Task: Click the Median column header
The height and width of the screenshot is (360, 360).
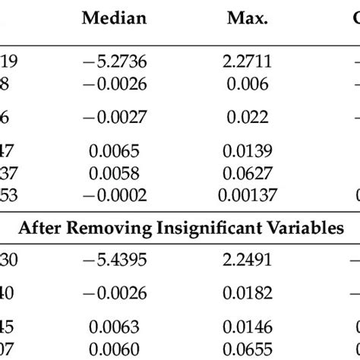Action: [114, 19]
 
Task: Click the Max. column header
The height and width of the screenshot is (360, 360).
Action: [247, 19]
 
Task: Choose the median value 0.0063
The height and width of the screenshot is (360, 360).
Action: [114, 329]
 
